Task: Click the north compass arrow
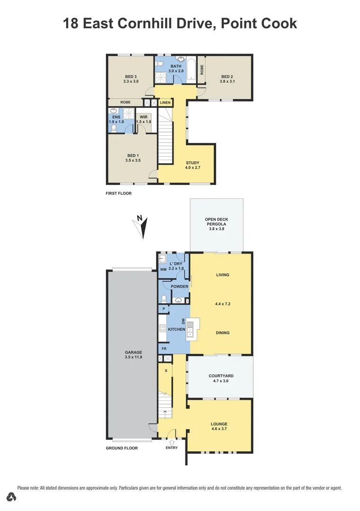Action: click(142, 226)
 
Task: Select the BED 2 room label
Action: click(227, 77)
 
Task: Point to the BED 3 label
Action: click(131, 77)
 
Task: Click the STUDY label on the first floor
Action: click(192, 163)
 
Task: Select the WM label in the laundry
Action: click(163, 269)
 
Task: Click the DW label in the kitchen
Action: click(183, 320)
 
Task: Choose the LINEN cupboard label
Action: click(165, 103)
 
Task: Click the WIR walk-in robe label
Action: click(143, 116)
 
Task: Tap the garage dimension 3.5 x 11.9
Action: click(133, 358)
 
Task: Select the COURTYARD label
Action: click(221, 376)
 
